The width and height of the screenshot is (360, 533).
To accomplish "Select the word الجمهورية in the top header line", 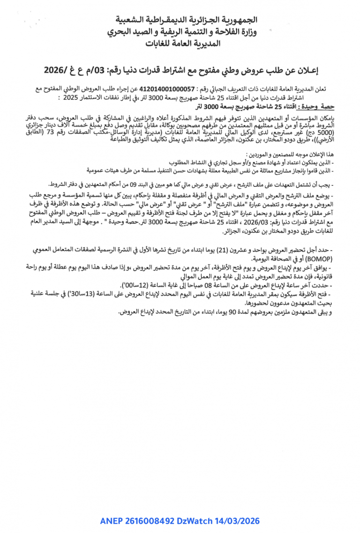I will (239, 20).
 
